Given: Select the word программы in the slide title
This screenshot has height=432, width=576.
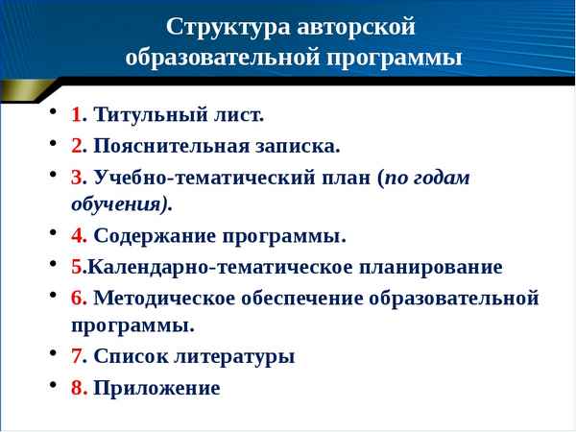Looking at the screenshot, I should (x=399, y=57).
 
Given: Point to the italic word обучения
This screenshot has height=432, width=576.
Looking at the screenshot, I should (x=120, y=204).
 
